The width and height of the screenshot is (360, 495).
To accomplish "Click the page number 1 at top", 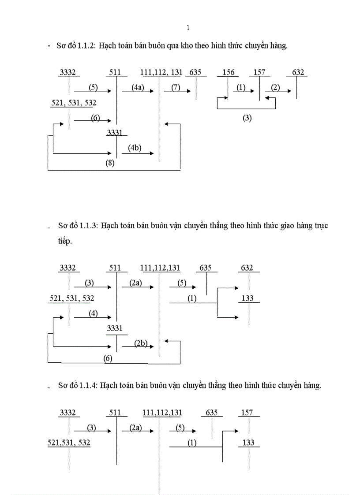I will coord(188,28).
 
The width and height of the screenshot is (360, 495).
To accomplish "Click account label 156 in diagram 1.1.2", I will coord(229,72).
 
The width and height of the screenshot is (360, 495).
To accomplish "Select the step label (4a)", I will coord(138,87).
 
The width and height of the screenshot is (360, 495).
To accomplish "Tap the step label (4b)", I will coord(135,148).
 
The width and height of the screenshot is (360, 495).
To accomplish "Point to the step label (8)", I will coord(110,163).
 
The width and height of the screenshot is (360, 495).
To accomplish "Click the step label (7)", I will coord(176,87).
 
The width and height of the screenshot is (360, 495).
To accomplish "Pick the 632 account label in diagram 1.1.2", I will coord(298,72).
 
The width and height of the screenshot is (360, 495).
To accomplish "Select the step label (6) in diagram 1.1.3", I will coord(108,358).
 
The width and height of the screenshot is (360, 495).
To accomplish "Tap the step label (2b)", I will coord(141,344).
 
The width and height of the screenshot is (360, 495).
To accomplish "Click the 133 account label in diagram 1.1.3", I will coord(247,298).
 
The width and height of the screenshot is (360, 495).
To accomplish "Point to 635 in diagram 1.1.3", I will coord(206,268).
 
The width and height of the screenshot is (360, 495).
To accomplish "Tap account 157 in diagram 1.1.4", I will coord(247,413).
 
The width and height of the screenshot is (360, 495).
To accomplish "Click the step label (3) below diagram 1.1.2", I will coord(247,118).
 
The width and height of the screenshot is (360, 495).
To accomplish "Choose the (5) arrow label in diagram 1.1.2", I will coord(93,87).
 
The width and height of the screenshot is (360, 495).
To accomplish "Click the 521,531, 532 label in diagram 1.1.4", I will coord(69,443).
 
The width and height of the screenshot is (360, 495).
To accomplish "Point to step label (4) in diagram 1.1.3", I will coord(93,313).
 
